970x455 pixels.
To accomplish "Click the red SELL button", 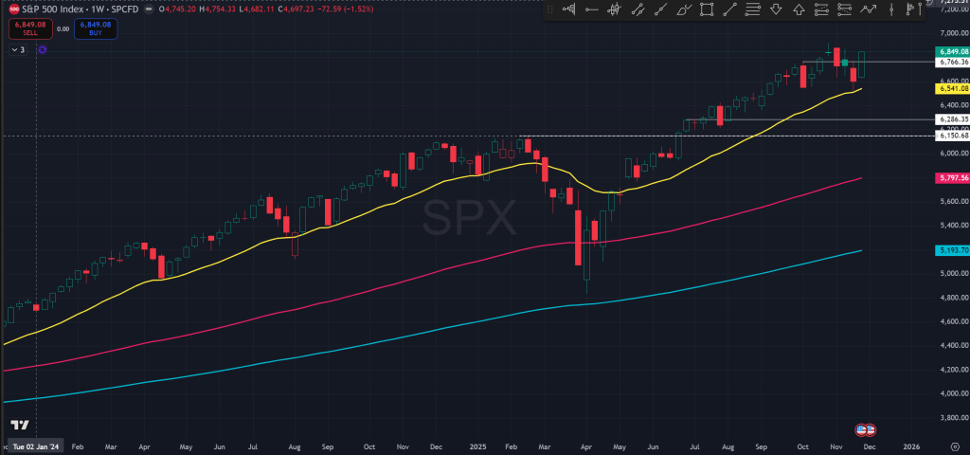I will pyautogui.click(x=24, y=28).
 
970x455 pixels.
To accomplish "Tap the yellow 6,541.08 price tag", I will pyautogui.click(x=950, y=88).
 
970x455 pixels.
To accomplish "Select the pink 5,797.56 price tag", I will pyautogui.click(x=950, y=177).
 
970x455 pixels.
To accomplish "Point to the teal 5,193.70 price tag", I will pyautogui.click(x=950, y=249).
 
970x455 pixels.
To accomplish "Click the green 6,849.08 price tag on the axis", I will pyautogui.click(x=950, y=51).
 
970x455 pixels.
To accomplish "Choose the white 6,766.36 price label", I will pyautogui.click(x=950, y=63).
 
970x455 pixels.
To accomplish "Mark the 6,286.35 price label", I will pyautogui.click(x=950, y=119).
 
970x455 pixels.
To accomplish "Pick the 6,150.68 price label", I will pyautogui.click(x=950, y=136).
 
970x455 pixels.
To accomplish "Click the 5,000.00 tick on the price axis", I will pyautogui.click(x=950, y=273).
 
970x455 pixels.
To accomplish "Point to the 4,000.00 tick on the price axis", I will pyautogui.click(x=950, y=392).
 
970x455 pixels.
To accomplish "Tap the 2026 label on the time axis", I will pyautogui.click(x=910, y=445).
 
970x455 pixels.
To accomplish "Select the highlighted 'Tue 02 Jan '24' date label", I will pyautogui.click(x=37, y=445).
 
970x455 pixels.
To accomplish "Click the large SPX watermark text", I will pyautogui.click(x=470, y=219).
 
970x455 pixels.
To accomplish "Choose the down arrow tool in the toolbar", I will pyautogui.click(x=775, y=10).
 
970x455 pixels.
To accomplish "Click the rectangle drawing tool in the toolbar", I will pyautogui.click(x=707, y=10).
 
